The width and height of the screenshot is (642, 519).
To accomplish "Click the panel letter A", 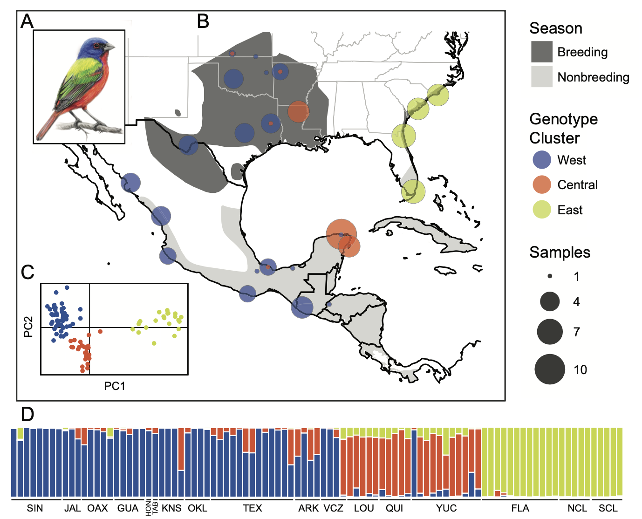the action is click(x=27, y=22).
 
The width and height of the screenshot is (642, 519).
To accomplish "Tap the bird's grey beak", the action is click(x=109, y=47).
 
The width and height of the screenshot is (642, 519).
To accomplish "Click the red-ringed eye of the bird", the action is click(x=96, y=46).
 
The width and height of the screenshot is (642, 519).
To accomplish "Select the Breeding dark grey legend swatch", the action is click(x=542, y=52).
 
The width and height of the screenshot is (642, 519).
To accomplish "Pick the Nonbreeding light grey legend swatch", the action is click(x=542, y=77).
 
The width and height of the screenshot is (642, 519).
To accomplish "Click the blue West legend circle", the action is click(x=542, y=159).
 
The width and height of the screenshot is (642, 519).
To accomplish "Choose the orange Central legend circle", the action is click(x=542, y=184).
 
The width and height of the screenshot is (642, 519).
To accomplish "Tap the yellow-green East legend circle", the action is click(x=542, y=210).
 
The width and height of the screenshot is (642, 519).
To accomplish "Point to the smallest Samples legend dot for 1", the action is click(x=550, y=276).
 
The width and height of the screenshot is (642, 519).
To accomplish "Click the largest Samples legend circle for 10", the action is click(x=550, y=369).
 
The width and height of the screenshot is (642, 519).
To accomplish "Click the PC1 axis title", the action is click(x=115, y=386).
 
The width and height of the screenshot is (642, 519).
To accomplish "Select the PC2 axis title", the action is click(x=28, y=327).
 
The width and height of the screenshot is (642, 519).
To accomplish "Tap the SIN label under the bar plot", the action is click(x=35, y=508).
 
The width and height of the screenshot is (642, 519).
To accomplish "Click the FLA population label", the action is click(x=520, y=508).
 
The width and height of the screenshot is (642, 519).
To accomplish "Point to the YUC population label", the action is click(x=446, y=508).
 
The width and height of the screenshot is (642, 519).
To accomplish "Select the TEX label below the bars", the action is click(x=253, y=508).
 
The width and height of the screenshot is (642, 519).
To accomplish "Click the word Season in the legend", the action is click(x=556, y=28).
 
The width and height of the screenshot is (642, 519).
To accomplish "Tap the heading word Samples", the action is click(x=560, y=253).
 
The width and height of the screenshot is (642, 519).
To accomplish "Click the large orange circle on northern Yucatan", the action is click(x=341, y=234).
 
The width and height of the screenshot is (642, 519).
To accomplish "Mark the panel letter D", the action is click(x=27, y=415).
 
